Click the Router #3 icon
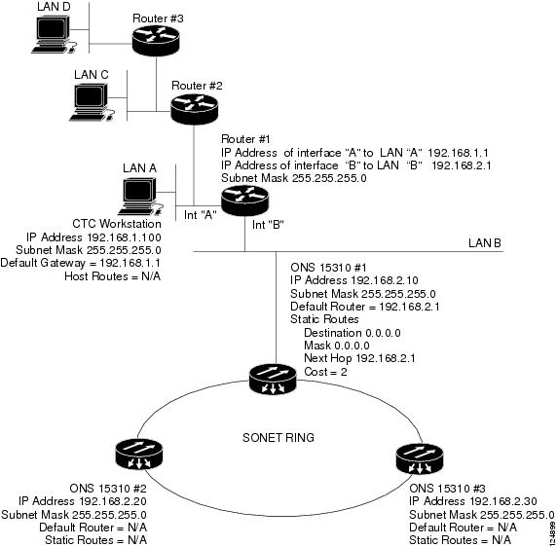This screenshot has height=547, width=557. [156, 40]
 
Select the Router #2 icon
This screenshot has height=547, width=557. [195, 109]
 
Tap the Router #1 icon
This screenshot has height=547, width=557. [244, 201]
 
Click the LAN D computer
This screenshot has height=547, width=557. [54, 34]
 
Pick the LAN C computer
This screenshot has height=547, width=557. [92, 102]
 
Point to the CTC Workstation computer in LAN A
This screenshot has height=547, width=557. [140, 197]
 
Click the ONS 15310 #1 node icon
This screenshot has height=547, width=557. [273, 380]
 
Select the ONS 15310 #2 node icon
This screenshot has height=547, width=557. [139, 454]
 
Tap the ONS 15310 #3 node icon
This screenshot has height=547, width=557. [420, 458]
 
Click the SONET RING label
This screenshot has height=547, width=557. [278, 437]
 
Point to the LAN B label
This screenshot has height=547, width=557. [485, 243]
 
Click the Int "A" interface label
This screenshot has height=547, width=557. [201, 215]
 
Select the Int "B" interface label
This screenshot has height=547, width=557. [268, 224]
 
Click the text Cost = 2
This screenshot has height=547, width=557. [325, 372]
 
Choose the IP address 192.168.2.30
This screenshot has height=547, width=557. [503, 501]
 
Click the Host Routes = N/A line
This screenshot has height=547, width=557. [112, 276]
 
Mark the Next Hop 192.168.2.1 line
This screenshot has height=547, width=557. [359, 358]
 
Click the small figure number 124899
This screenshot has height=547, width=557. [552, 532]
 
